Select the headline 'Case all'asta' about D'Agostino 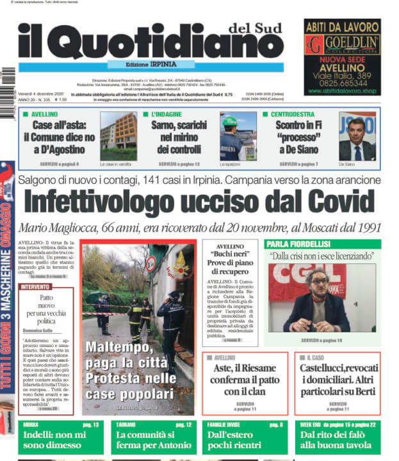(58, 136)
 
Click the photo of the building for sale (118, 136)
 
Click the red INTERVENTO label (35, 287)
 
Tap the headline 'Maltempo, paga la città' (132, 371)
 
